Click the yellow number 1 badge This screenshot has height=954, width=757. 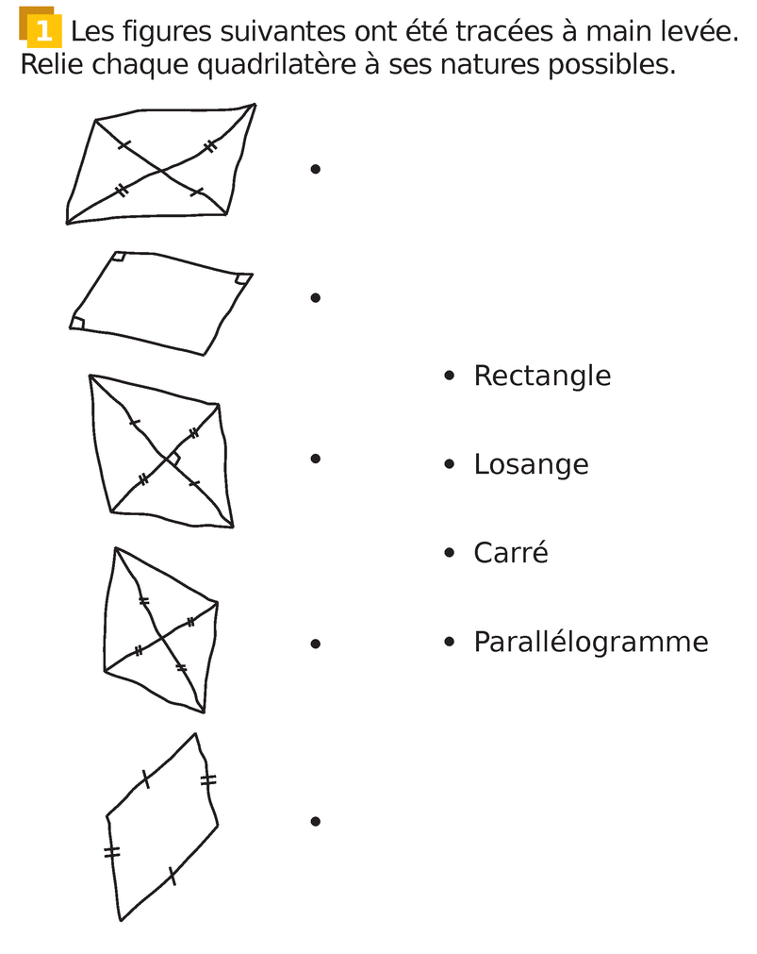[x=42, y=31]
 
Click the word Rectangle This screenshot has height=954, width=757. [x=542, y=376]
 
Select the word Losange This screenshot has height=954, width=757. [x=531, y=464]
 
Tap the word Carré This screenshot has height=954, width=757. [x=510, y=553]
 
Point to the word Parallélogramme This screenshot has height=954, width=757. [x=590, y=643]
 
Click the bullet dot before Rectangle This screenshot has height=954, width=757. [x=450, y=376]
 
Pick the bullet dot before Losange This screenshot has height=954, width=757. [x=450, y=464]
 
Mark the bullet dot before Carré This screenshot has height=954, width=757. [x=450, y=553]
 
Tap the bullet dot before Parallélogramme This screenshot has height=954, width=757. [x=450, y=643]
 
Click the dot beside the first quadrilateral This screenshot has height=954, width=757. [x=316, y=169]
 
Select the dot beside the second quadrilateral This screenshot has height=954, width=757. [x=316, y=297]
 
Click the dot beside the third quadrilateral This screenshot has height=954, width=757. [x=316, y=459]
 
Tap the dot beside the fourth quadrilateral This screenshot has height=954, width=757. [x=316, y=644]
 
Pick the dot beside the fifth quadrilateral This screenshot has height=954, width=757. [x=316, y=821]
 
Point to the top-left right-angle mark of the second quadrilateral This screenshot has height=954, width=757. [x=119, y=257]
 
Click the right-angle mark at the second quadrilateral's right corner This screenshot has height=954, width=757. [x=242, y=278]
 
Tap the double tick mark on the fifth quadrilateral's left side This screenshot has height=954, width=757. [x=112, y=852]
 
